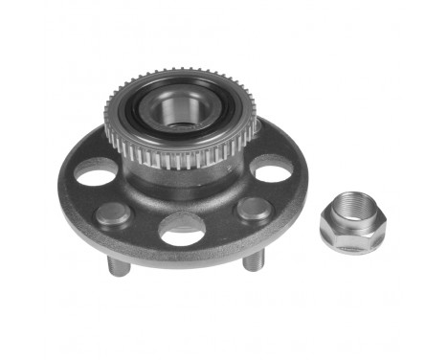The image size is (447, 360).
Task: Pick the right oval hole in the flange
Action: [273, 172]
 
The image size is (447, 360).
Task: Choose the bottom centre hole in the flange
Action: [182, 228]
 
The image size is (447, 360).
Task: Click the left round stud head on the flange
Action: [112, 213]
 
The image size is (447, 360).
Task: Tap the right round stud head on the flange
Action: [253, 209]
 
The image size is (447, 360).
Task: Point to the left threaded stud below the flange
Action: [117, 263]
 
